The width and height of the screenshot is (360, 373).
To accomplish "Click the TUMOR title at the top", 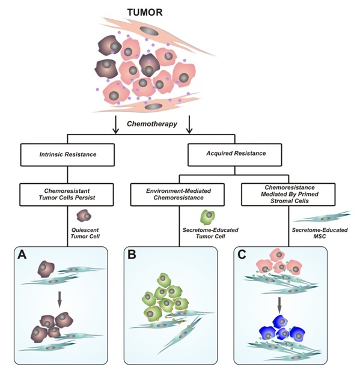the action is click(145, 12).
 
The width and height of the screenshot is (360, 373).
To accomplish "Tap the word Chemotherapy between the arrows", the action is click(152, 124).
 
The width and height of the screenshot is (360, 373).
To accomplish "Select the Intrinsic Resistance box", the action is click(67, 154).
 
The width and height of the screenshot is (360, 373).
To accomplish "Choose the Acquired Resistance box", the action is click(235, 154).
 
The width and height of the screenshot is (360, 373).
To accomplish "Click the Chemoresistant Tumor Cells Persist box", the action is click(67, 195).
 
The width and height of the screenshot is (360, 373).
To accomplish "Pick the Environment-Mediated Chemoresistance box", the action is click(177, 195).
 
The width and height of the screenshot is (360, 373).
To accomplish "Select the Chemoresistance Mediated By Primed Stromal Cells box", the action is click(288, 195).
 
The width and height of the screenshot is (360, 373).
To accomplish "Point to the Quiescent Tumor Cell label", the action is click(85, 233).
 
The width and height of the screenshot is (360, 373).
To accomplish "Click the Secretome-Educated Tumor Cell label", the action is click(210, 233).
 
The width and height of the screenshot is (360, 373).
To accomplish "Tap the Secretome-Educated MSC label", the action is click(320, 233).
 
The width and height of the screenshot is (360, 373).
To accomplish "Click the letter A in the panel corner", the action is click(22, 255).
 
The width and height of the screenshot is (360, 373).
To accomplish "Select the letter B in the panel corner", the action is click(132, 255).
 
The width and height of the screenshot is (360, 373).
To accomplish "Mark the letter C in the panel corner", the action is click(242, 255).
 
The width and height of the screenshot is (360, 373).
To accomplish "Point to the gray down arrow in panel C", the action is click(279, 305).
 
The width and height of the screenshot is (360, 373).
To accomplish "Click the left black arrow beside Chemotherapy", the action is click(116, 125).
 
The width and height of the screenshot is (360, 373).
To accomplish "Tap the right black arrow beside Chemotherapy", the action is click(189, 125).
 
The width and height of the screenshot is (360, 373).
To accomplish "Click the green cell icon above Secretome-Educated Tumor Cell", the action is click(207, 217).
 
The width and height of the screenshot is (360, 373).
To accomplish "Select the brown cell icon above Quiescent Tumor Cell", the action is click(84, 216).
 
